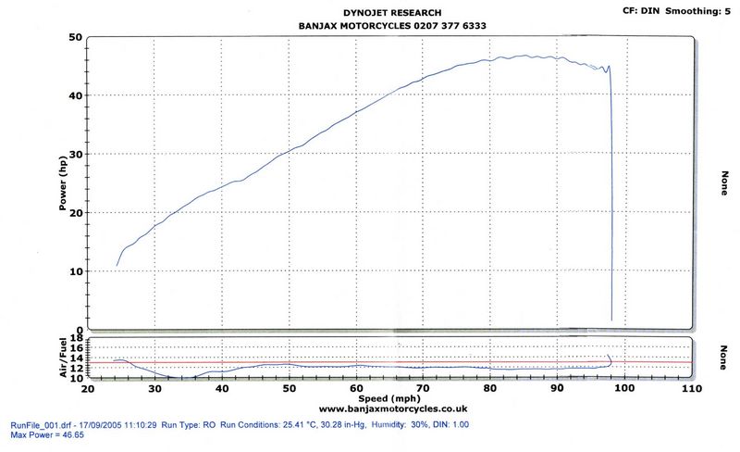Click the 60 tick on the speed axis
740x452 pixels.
click(x=356, y=389)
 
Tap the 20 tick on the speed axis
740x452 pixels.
click(x=88, y=389)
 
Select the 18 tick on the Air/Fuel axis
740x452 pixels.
click(x=76, y=338)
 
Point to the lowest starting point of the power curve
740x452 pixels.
click(x=117, y=266)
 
